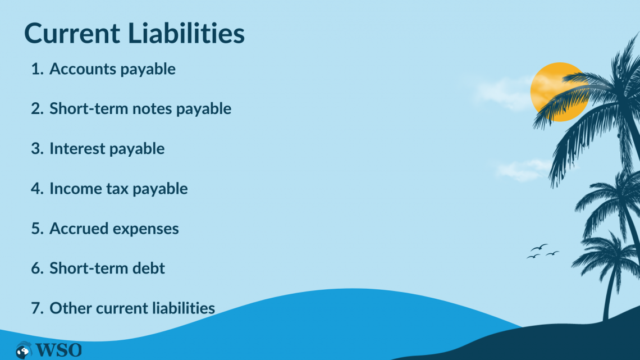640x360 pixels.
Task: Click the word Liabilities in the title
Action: [x=186, y=34]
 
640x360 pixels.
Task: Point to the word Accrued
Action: [x=77, y=229]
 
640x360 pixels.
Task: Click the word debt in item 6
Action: [x=148, y=268]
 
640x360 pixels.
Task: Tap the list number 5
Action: [x=36, y=229]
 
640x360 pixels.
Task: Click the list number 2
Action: [x=36, y=109]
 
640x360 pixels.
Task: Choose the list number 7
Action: [x=36, y=308]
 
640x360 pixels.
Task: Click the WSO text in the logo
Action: [x=59, y=350]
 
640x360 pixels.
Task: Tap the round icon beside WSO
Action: [x=24, y=350]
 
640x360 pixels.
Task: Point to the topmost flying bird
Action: [x=540, y=247]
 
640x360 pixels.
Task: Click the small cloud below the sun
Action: [x=519, y=168]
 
